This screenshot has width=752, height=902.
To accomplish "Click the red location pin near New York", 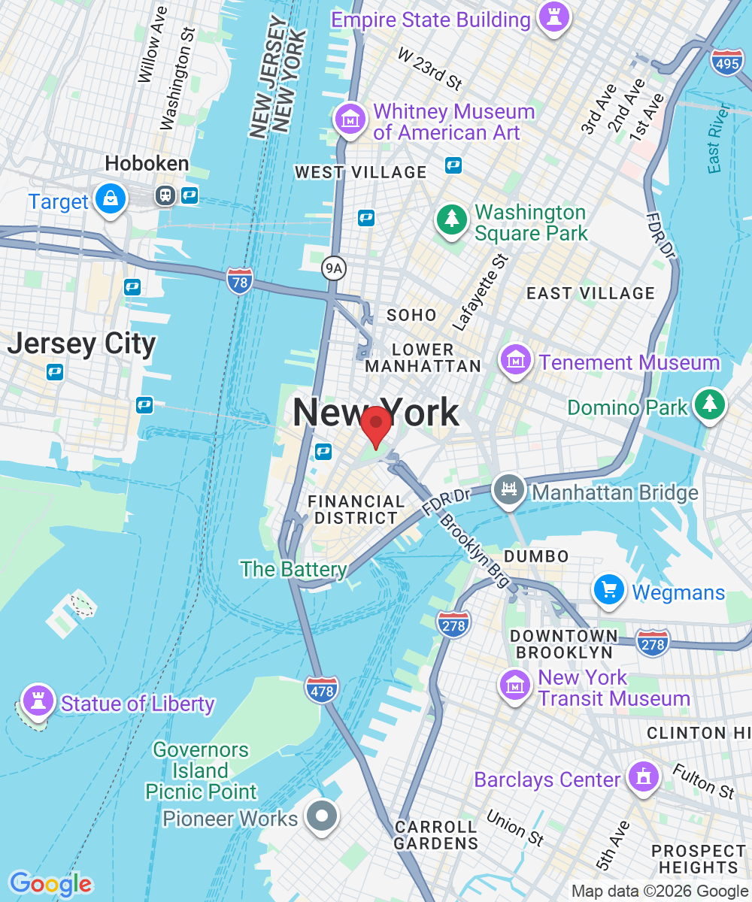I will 375,425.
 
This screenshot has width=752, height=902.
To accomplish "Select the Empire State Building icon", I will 553,18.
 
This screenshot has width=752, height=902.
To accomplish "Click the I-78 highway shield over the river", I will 239,280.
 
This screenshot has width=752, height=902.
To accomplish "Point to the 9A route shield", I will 332,267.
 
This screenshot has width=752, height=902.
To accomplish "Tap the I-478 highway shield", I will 322,689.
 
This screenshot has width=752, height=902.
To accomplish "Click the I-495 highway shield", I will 726,64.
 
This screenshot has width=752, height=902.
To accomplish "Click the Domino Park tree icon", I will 710,404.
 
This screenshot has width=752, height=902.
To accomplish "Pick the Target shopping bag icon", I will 111,198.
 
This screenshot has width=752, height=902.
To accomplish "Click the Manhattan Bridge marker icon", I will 509,490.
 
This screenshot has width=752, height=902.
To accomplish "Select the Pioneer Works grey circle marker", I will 323,816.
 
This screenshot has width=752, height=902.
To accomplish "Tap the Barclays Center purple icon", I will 642,777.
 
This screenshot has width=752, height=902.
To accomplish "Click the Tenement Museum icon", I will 517,360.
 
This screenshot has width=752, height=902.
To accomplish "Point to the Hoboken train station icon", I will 164,195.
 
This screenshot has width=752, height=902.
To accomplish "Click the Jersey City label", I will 81,344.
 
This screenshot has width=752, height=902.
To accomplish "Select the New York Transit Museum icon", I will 516,685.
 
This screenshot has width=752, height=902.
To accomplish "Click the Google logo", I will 50,884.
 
